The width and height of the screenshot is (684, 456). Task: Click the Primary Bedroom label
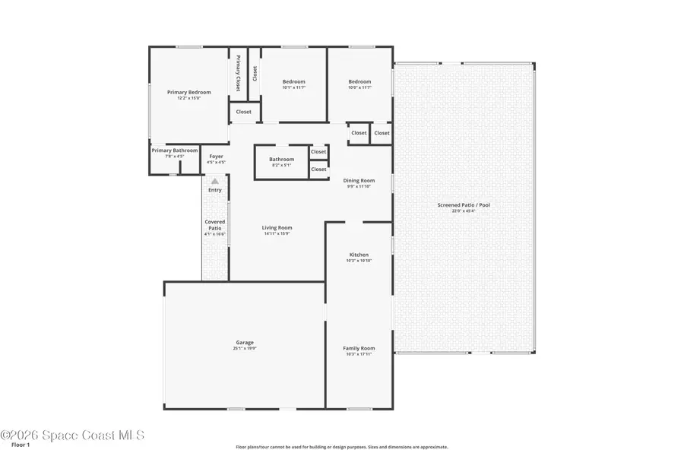click(x=188, y=92)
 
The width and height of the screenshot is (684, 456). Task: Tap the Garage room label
click(x=244, y=343)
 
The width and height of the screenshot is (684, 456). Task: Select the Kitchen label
click(x=359, y=255)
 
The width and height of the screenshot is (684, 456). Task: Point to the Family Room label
click(x=359, y=348)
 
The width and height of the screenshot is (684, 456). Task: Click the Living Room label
click(x=277, y=227)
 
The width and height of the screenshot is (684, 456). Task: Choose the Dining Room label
click(x=359, y=181)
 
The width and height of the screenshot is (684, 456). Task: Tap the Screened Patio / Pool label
click(x=464, y=205)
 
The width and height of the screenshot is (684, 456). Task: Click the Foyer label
click(x=216, y=157)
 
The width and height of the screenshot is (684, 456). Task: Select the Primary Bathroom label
click(x=175, y=150)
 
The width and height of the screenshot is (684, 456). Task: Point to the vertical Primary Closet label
click(x=238, y=74)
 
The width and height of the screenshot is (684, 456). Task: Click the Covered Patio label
click(x=215, y=225)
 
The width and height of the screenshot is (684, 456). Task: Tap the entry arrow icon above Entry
click(x=215, y=181)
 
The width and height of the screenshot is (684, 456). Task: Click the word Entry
click(x=215, y=190)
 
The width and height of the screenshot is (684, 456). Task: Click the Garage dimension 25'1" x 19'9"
click(x=244, y=349)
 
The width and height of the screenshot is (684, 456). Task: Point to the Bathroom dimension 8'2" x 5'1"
click(x=281, y=165)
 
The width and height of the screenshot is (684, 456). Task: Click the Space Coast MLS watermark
click(x=72, y=435)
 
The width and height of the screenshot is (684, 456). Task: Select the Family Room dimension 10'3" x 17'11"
click(x=359, y=354)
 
